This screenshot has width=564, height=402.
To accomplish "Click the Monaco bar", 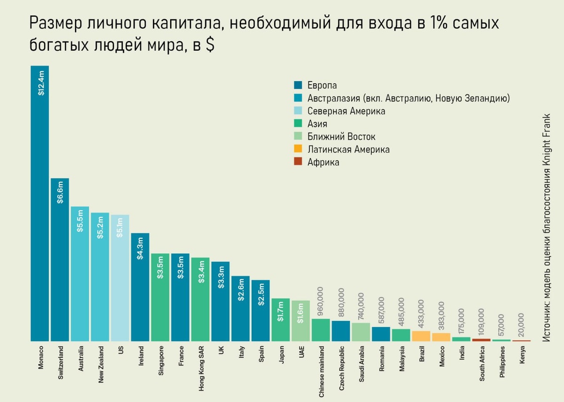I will point(40,212).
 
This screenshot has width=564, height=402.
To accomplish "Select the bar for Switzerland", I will point(60,263).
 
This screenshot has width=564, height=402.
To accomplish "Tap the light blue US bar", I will point(120,282).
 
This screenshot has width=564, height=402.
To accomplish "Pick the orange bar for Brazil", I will point(421,336).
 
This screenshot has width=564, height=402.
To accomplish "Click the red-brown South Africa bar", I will point(481,339).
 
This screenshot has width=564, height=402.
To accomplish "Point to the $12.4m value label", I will point(40,83).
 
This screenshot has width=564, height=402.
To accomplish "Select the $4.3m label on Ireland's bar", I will point(140,249).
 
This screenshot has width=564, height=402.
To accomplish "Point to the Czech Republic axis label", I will point(341,369).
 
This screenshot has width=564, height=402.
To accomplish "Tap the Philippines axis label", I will point(502,362).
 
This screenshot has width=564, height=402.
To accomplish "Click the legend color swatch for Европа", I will point(298,86).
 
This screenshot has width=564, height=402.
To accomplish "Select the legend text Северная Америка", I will point(346,111).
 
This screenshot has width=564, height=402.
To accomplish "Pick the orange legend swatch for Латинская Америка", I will point(298,150).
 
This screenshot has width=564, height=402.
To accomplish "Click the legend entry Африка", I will point(323,162).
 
